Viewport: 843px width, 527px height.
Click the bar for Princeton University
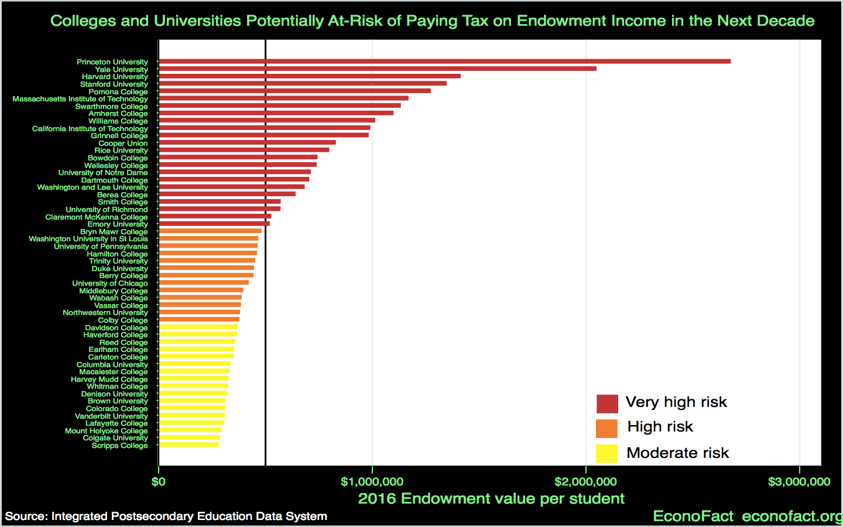(445, 61)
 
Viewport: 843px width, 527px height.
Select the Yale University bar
(378, 69)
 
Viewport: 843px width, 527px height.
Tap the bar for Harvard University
(310, 76)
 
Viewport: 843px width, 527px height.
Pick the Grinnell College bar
(264, 135)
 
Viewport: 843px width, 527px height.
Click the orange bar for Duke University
(207, 268)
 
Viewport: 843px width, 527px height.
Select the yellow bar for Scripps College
(189, 445)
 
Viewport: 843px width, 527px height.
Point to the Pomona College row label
(118, 92)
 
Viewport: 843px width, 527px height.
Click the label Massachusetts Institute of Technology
(80, 99)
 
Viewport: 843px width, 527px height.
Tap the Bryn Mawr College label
(114, 232)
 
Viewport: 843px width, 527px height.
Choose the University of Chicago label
(110, 283)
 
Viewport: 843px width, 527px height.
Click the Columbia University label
(112, 365)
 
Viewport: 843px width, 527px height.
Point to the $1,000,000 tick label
(372, 482)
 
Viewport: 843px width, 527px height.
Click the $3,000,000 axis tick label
(799, 482)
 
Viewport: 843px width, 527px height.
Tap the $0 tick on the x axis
(158, 482)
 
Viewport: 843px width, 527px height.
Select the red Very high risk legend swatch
(607, 403)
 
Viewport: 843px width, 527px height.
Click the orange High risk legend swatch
(606, 428)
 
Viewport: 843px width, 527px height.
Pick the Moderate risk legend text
(677, 453)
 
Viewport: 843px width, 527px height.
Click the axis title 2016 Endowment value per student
(491, 499)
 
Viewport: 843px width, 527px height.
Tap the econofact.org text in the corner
(791, 516)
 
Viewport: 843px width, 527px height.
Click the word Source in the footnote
(25, 516)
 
